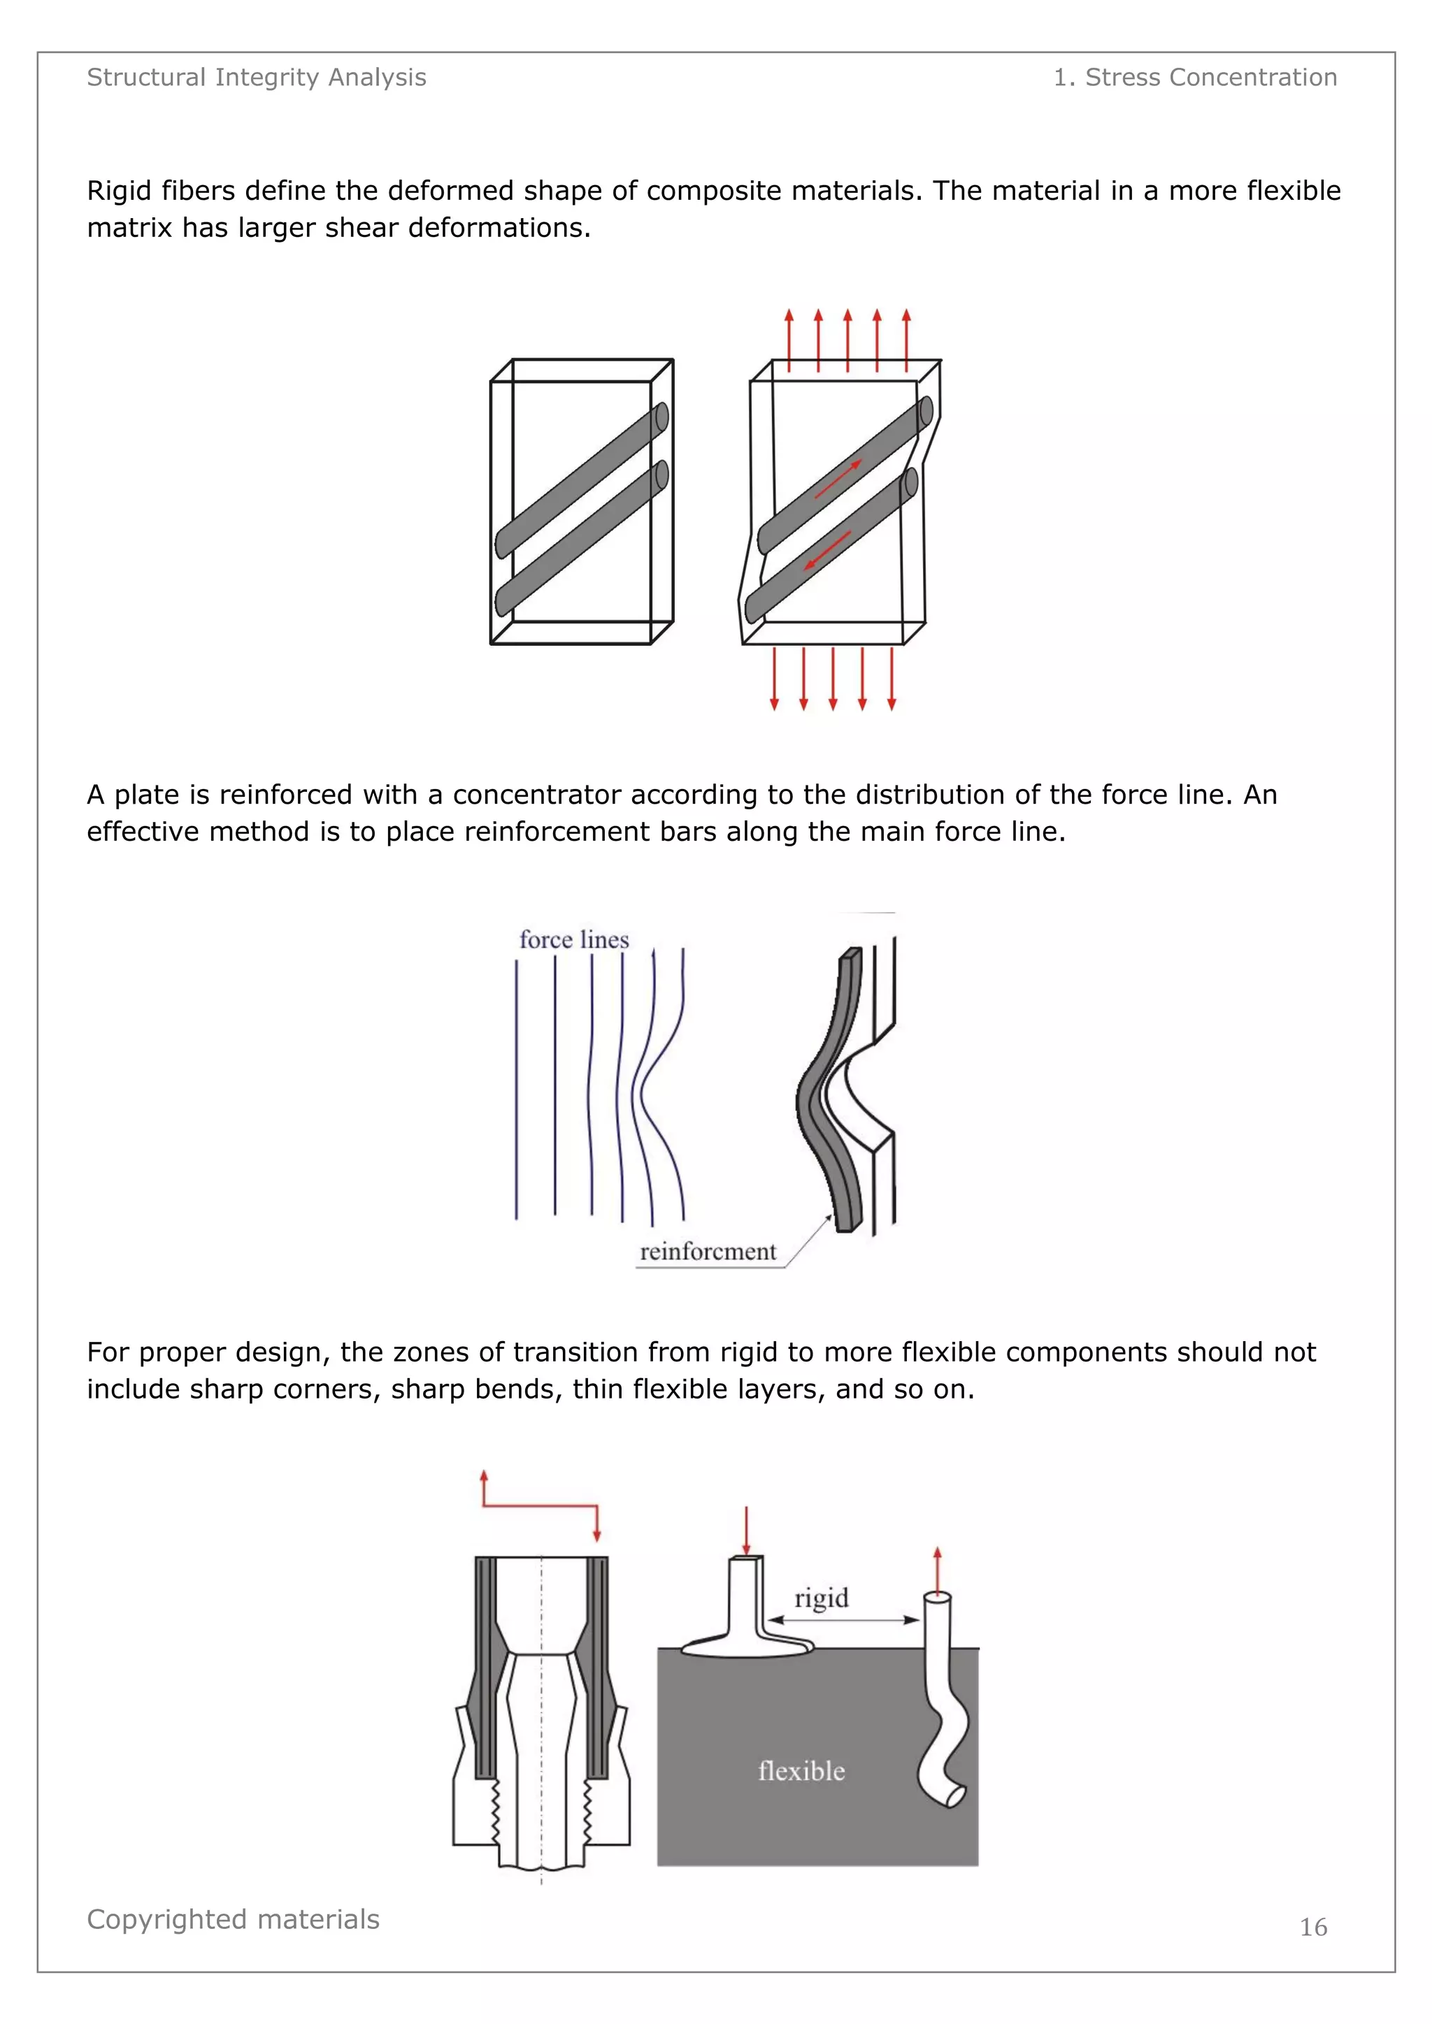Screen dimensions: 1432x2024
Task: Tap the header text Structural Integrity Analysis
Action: pyautogui.click(x=257, y=78)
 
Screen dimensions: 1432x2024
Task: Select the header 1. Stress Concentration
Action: pyautogui.click(x=1195, y=78)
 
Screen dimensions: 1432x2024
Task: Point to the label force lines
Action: pyautogui.click(x=574, y=940)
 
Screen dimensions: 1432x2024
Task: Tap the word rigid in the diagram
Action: pyautogui.click(x=821, y=1598)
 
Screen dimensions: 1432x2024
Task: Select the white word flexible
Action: pyautogui.click(x=801, y=1771)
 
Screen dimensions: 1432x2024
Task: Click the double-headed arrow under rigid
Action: pyautogui.click(x=844, y=1619)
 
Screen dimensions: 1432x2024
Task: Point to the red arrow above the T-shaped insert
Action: pyautogui.click(x=747, y=1531)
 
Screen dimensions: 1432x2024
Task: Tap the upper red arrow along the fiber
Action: pyautogui.click(x=838, y=479)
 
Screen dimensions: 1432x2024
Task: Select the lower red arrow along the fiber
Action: pyautogui.click(x=827, y=550)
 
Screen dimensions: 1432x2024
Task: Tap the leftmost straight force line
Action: pyautogui.click(x=517, y=1090)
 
